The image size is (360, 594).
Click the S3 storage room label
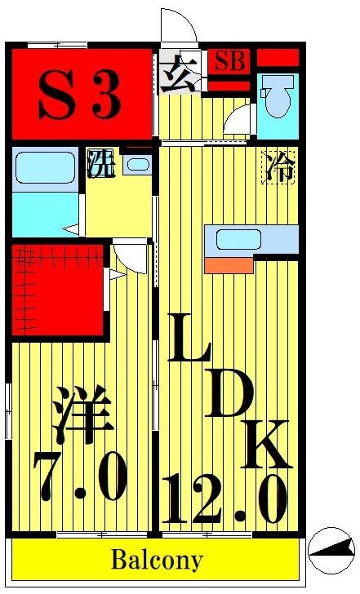click(79, 95)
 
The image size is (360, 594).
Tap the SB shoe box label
click(230, 61)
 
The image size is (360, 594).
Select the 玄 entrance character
click(179, 74)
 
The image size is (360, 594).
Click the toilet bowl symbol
click(278, 95)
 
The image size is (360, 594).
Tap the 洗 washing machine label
click(100, 164)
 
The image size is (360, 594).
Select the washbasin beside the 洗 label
click(138, 165)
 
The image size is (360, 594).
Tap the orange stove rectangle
click(229, 265)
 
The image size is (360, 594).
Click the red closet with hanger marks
click(58, 290)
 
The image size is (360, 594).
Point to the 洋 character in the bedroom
click(82, 414)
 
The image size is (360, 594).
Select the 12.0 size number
click(224, 499)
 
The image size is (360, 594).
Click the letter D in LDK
click(229, 392)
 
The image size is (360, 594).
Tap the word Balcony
click(157, 561)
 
